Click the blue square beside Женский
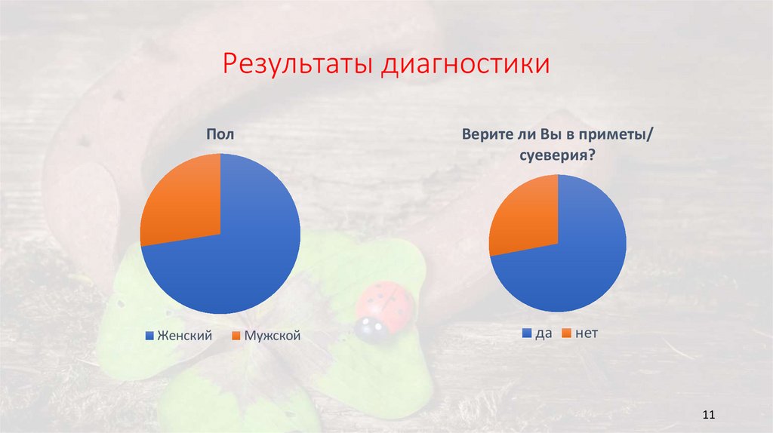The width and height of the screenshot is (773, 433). pos(149,335)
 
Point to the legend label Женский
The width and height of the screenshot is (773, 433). pos(184,335)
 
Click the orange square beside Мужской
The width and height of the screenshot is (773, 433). pos(236,335)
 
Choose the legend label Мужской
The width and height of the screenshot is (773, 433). pos(272,335)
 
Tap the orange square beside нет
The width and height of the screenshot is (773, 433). pos(565,332)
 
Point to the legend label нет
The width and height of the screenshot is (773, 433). pos(587,332)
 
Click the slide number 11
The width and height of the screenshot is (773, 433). pos(708,415)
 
